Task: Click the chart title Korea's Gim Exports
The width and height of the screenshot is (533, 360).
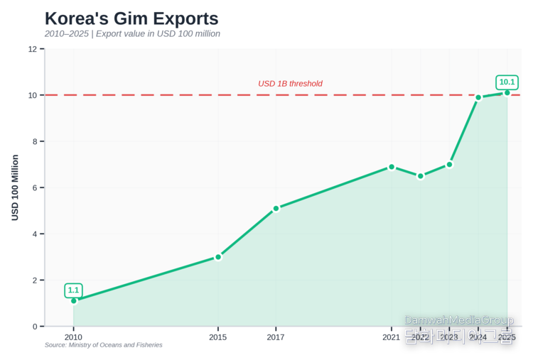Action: point(131,18)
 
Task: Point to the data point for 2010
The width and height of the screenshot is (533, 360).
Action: point(73,300)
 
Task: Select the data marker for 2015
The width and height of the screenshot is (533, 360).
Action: point(218,257)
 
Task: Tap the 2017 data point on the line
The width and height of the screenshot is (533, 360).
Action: point(276,208)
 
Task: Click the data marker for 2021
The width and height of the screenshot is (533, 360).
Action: point(392,167)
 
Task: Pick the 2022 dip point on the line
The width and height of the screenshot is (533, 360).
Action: point(421,176)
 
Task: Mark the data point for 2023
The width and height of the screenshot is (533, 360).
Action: point(449,164)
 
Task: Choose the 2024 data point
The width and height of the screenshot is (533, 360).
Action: point(478,97)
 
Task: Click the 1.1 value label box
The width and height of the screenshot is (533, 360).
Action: point(73,290)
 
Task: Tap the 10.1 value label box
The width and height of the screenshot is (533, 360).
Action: point(507,82)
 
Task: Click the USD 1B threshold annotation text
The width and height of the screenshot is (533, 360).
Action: point(290,84)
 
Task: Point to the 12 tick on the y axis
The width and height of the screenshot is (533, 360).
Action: point(33,49)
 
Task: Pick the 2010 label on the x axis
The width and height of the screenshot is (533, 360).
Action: point(73,337)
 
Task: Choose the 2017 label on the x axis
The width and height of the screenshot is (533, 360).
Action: point(276,337)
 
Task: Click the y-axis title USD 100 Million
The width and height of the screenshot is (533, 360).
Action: point(15,187)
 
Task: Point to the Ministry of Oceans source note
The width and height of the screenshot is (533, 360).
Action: point(103,345)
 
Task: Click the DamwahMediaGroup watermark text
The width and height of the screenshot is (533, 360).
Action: point(458,320)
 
